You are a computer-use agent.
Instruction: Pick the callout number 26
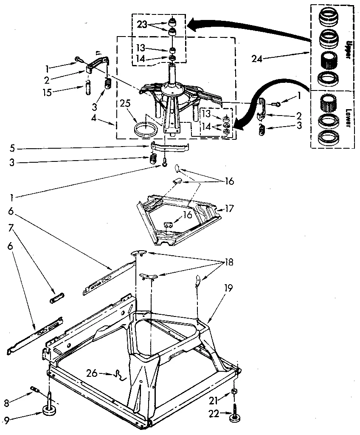coord(92,374)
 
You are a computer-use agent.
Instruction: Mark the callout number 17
coord(230,209)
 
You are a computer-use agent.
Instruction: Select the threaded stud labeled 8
coord(34,388)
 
